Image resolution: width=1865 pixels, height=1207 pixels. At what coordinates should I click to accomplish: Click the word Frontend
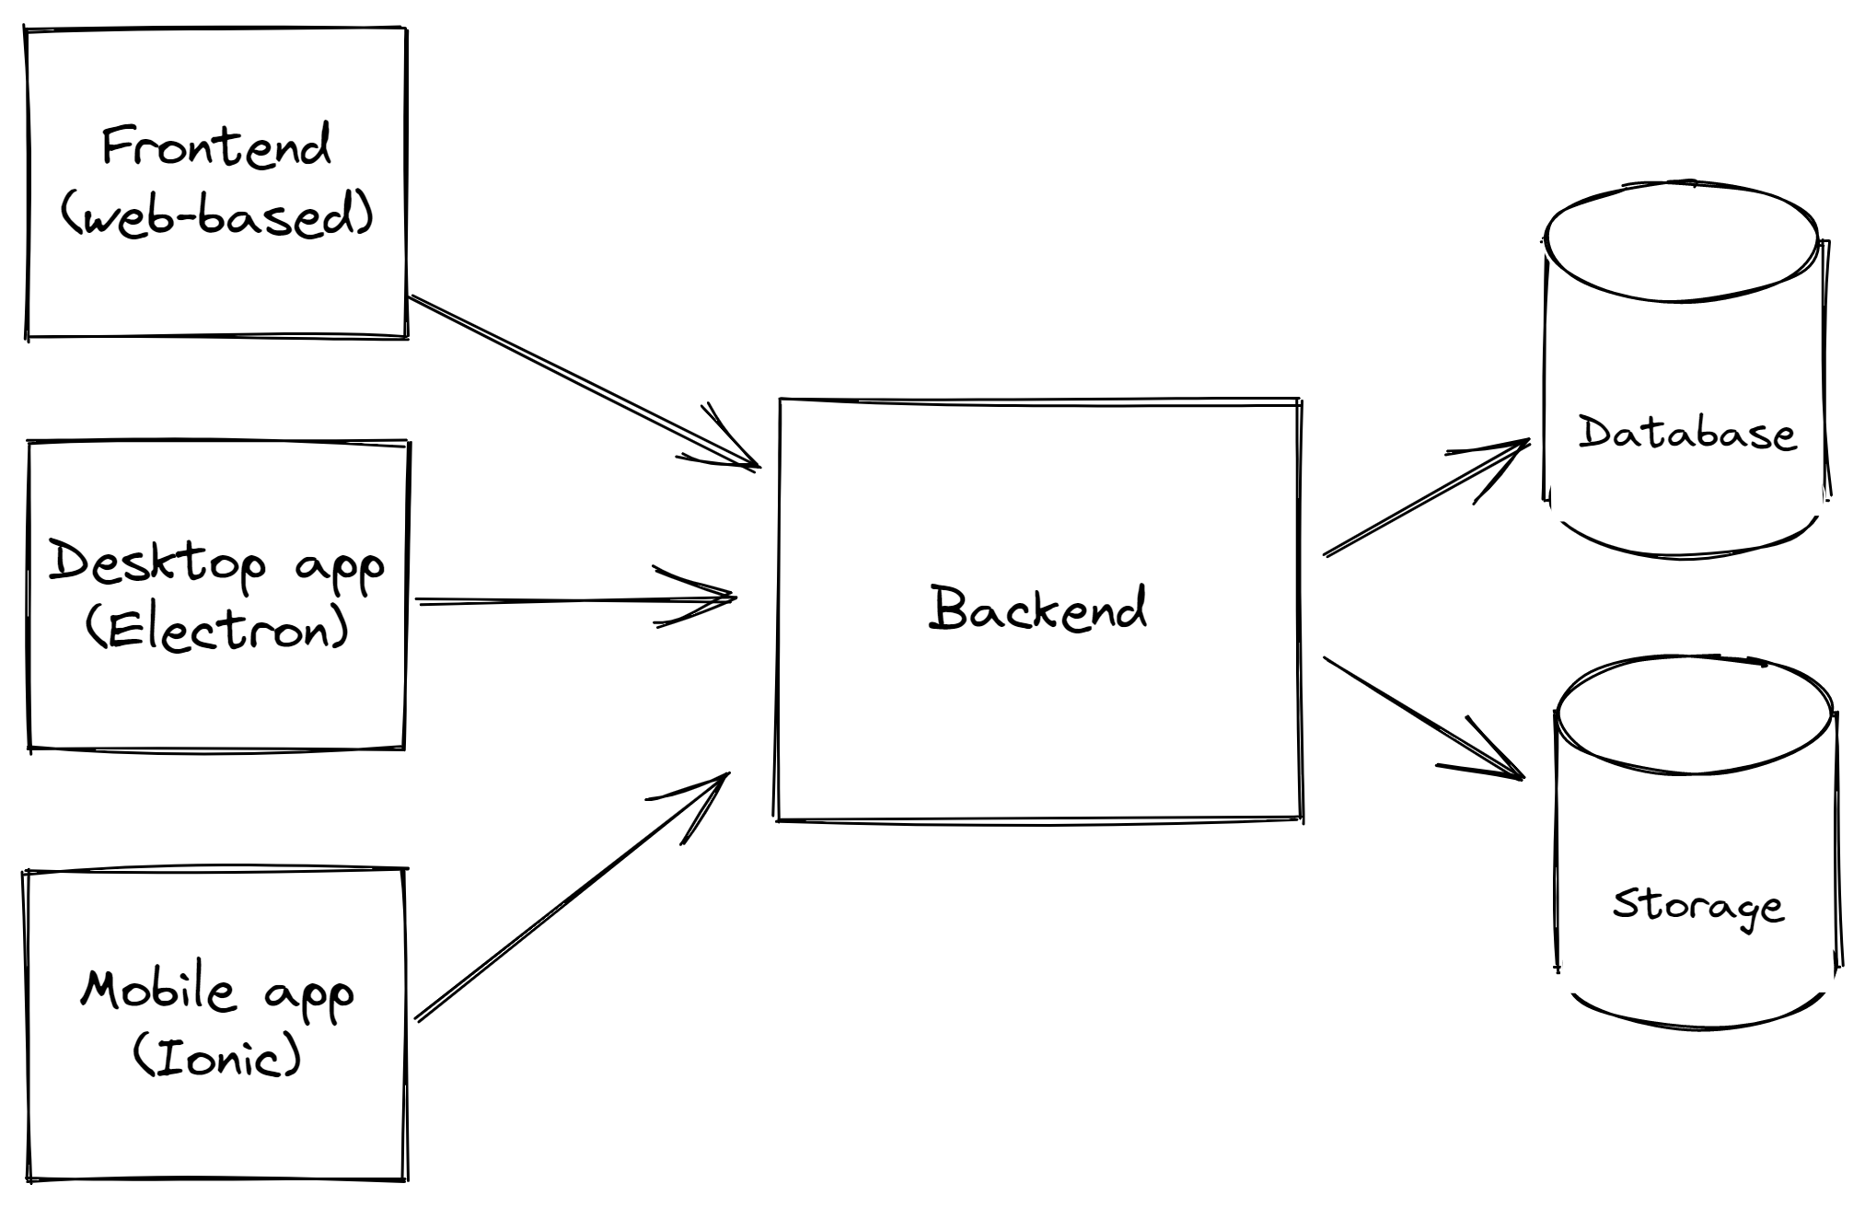coord(215,147)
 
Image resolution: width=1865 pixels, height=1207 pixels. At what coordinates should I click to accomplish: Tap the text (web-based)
coord(217,217)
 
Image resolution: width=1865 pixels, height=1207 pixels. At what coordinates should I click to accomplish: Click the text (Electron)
coord(217,631)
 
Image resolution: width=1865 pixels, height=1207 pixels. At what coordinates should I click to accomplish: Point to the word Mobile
coord(158,990)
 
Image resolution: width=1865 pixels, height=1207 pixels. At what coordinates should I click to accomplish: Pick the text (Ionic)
coord(217,1056)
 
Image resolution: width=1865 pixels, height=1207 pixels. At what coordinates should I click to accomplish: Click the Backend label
coord(1037,609)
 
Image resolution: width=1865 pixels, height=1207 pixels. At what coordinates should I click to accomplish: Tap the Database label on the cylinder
coord(1686,433)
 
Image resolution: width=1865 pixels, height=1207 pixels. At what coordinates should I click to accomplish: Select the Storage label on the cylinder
coord(1697,905)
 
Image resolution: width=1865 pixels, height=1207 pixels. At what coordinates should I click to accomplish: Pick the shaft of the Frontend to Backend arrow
coord(562,372)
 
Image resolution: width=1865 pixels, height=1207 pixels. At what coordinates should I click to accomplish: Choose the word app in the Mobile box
coord(308,994)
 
